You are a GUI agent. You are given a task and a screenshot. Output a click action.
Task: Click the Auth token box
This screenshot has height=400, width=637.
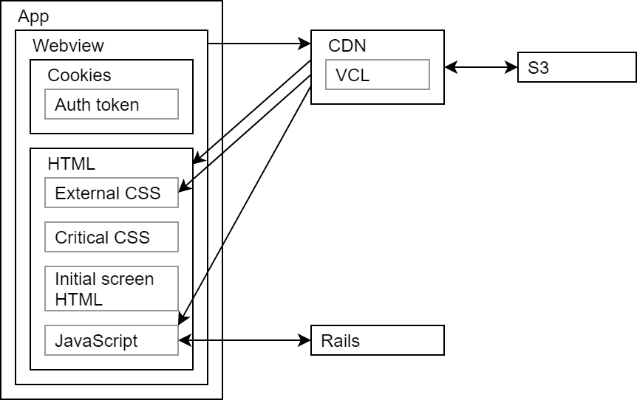pyautogui.click(x=111, y=104)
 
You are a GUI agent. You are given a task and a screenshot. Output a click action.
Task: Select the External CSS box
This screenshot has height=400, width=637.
pyautogui.click(x=111, y=193)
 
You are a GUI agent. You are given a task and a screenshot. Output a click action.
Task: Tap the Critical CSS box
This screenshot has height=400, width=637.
pyautogui.click(x=111, y=237)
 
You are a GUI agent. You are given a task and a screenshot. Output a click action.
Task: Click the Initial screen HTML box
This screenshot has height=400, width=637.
pyautogui.click(x=111, y=289)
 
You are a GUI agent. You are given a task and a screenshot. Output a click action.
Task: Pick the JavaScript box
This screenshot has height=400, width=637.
pyautogui.click(x=111, y=341)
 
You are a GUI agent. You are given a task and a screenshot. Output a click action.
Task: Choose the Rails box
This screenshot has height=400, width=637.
pyautogui.click(x=377, y=341)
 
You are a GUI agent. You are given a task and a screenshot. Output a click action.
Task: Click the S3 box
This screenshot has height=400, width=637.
pyautogui.click(x=576, y=68)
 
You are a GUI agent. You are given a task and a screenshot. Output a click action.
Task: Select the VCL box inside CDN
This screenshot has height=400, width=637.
pyautogui.click(x=377, y=75)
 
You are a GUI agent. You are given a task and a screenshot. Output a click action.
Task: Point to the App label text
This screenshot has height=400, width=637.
pyautogui.click(x=33, y=16)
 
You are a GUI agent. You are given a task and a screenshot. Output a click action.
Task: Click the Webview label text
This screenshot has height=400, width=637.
pyautogui.click(x=68, y=46)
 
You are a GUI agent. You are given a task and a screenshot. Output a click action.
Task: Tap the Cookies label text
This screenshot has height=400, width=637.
pyautogui.click(x=79, y=75)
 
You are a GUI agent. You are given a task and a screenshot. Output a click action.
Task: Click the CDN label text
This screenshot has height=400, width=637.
pyautogui.click(x=347, y=46)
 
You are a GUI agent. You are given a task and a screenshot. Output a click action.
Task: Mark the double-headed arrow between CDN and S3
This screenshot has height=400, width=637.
pyautogui.click(x=481, y=68)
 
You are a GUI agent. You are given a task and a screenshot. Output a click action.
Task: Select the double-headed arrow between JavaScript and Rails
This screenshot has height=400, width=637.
pyautogui.click(x=245, y=341)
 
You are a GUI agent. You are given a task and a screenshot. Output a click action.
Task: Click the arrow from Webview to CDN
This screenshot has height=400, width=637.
pyautogui.click(x=259, y=45)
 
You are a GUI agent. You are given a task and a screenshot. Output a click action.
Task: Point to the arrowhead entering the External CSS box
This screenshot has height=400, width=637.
pyautogui.click(x=184, y=190)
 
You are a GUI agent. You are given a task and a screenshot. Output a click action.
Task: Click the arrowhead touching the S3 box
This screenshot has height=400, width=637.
pyautogui.click(x=512, y=68)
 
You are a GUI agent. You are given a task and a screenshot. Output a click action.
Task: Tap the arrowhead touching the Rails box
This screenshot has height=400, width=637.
pyautogui.click(x=305, y=341)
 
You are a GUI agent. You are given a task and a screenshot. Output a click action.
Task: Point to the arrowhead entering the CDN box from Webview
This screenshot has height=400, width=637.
pyautogui.click(x=305, y=45)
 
